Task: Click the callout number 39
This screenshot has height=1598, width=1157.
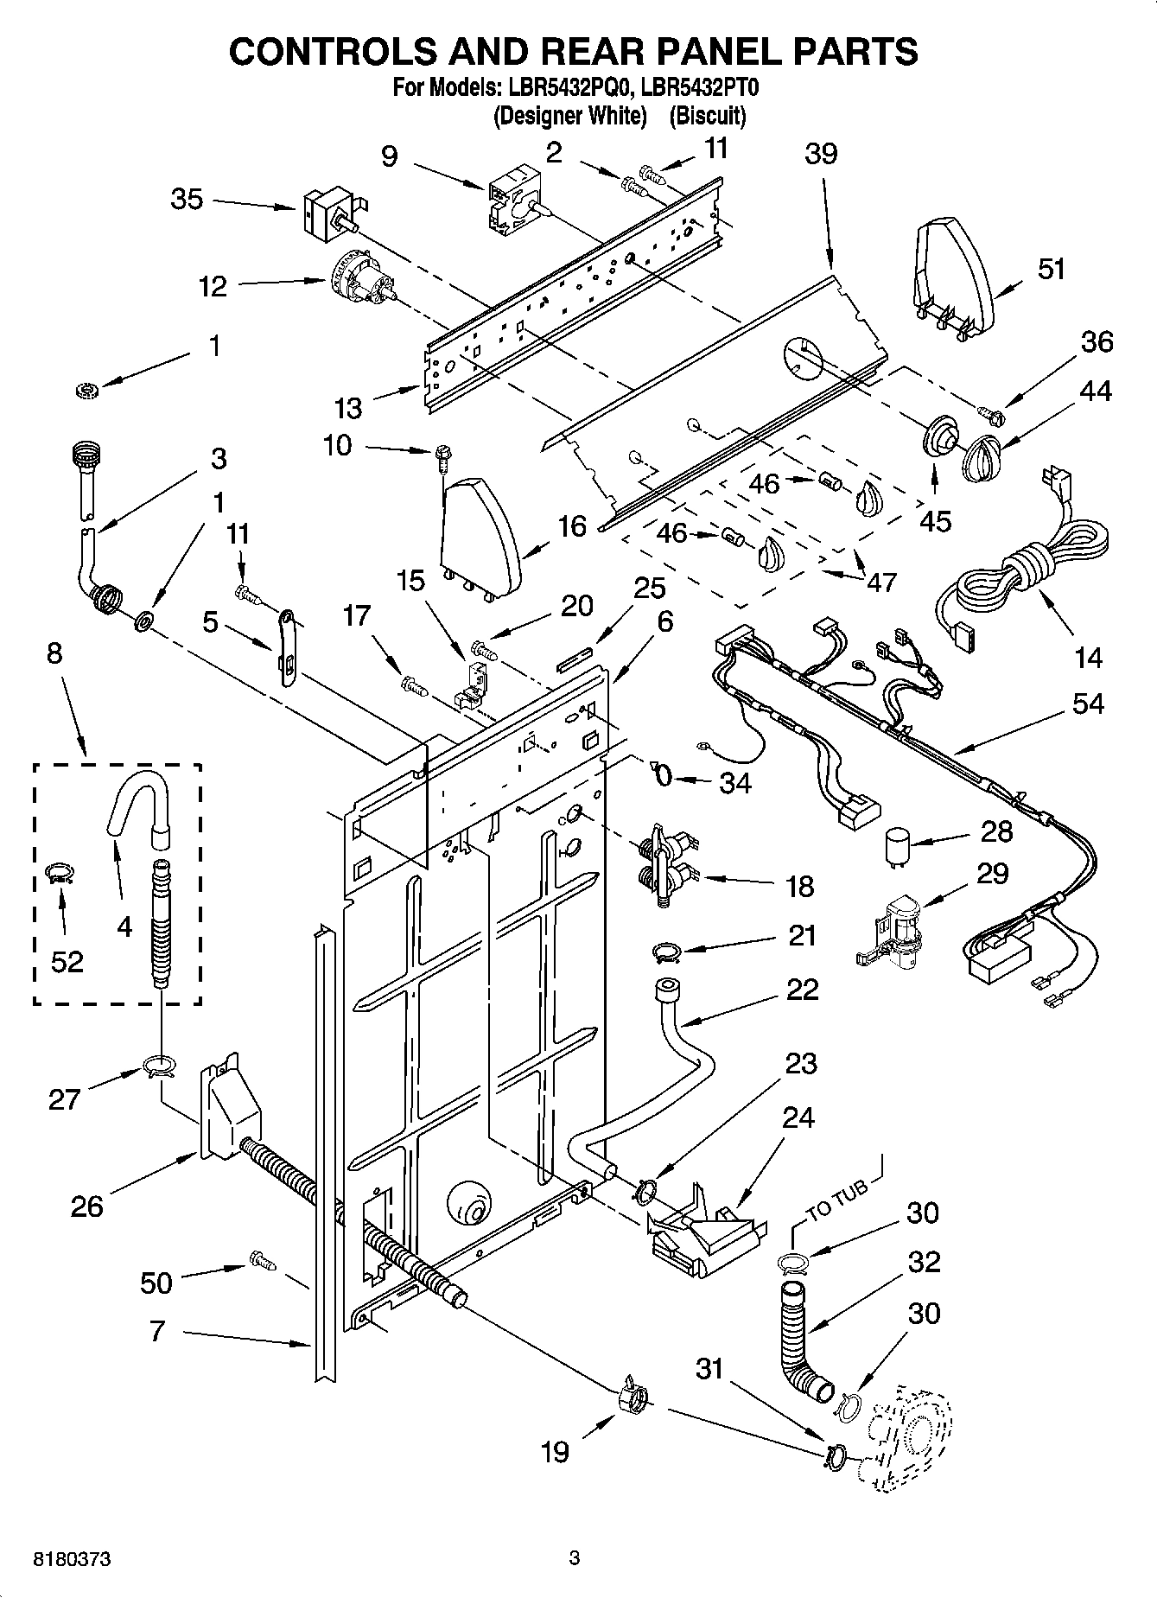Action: pos(821,154)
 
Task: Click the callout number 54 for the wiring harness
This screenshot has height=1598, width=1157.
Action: pos(1087,704)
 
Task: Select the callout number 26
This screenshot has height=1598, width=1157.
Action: pos(86,1206)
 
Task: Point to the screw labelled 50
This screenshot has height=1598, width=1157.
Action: pos(262,1261)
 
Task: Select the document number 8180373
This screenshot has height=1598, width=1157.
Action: pos(72,1559)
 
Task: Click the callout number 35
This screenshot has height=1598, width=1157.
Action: pos(186,200)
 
